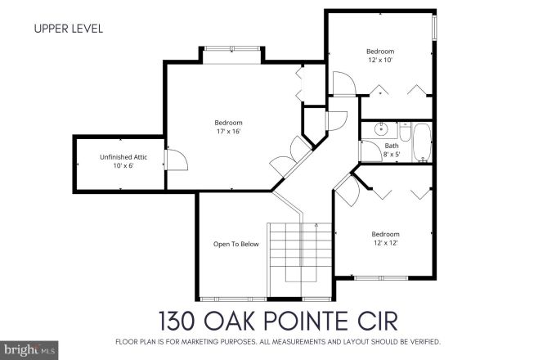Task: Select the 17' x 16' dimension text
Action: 228,131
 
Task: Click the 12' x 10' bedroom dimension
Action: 379,60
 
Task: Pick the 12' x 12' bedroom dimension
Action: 385,242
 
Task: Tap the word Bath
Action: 392,146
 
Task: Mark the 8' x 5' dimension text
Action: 392,154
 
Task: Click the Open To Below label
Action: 236,244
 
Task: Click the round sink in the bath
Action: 380,129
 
